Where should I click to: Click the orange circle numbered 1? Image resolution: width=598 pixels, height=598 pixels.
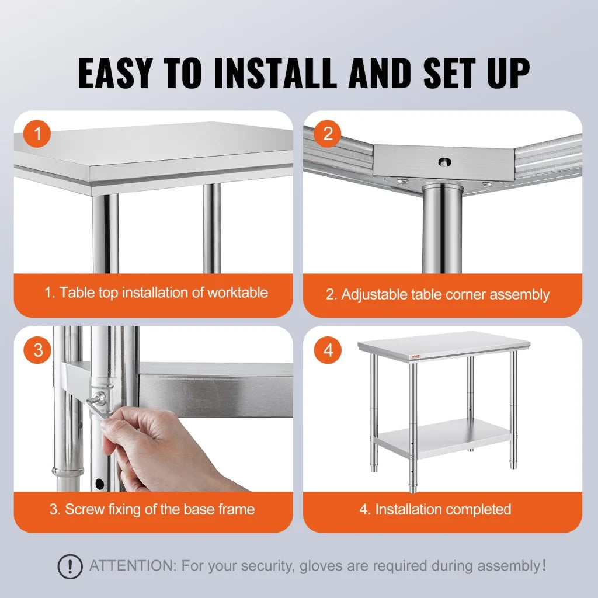coord(38,135)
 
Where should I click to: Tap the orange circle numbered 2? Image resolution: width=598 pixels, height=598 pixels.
coord(328,134)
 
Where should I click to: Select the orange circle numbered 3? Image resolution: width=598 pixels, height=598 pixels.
coord(38,350)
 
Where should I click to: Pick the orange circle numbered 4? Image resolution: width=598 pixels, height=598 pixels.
coord(328,350)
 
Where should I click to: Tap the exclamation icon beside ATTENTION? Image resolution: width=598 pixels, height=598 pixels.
coord(70,566)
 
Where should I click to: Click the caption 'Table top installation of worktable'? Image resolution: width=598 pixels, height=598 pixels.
coord(157,293)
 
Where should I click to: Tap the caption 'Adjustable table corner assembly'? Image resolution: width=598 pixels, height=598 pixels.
coord(438,294)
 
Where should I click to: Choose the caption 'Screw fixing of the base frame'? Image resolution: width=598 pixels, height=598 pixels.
coord(152,509)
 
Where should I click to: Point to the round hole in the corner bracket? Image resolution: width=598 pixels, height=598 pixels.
coord(446,161)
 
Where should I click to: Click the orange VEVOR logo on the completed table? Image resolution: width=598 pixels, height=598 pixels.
coord(367,356)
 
